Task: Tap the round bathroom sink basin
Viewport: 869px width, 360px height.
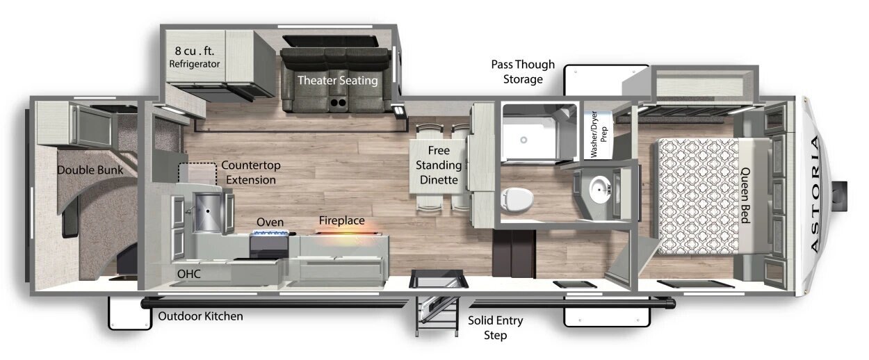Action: pyautogui.click(x=600, y=189)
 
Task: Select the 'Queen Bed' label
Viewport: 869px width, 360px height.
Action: pyautogui.click(x=746, y=195)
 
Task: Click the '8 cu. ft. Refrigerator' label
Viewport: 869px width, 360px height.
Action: pyautogui.click(x=195, y=56)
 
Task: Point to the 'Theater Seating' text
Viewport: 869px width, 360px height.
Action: pyautogui.click(x=337, y=81)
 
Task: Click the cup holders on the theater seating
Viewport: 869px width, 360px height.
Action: pyautogui.click(x=338, y=103)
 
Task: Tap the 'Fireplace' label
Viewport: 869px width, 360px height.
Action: pyautogui.click(x=342, y=220)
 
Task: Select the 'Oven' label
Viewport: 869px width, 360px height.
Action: pyautogui.click(x=270, y=222)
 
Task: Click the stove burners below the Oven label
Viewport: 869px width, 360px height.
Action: pyautogui.click(x=271, y=233)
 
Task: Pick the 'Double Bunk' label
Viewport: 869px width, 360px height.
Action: pyautogui.click(x=90, y=170)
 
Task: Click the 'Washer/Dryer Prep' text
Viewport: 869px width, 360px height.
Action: pyautogui.click(x=599, y=134)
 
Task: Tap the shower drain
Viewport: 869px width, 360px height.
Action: pyautogui.click(x=523, y=140)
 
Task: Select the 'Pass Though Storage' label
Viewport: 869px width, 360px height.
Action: pyautogui.click(x=523, y=72)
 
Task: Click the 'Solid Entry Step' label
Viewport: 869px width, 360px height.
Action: pyautogui.click(x=496, y=328)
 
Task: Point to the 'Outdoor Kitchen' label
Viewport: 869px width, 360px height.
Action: pyautogui.click(x=201, y=316)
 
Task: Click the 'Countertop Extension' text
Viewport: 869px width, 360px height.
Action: pyautogui.click(x=251, y=172)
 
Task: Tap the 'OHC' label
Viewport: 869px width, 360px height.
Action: pyautogui.click(x=189, y=274)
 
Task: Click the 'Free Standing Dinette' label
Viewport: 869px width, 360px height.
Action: pyautogui.click(x=439, y=165)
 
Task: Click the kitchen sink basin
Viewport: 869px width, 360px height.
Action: pyautogui.click(x=208, y=212)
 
